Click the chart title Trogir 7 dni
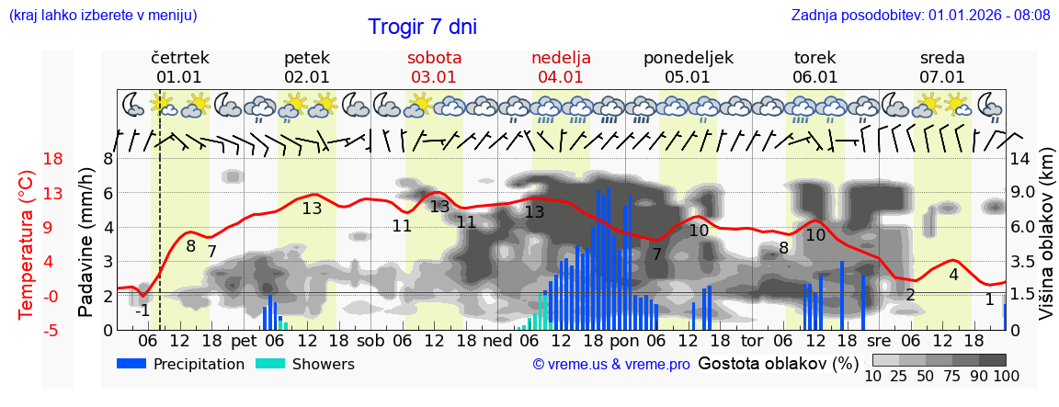pyautogui.click(x=422, y=28)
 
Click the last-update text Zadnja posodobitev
pyautogui.click(x=920, y=16)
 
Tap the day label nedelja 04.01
pyautogui.click(x=561, y=67)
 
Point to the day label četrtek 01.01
pyautogui.click(x=179, y=67)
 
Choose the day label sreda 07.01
pyautogui.click(x=942, y=67)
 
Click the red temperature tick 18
pyautogui.click(x=28, y=159)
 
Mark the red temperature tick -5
pyautogui.click(x=28, y=330)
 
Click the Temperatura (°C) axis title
pyautogui.click(x=27, y=244)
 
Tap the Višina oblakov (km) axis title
pyautogui.click(x=1047, y=243)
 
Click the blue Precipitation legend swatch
pyautogui.click(x=131, y=364)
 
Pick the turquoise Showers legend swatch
pyautogui.click(x=270, y=364)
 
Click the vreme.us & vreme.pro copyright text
pyautogui.click(x=611, y=365)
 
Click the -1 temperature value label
pyautogui.click(x=142, y=311)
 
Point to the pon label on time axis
pyautogui.click(x=624, y=341)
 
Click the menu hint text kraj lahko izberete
pyautogui.click(x=103, y=16)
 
